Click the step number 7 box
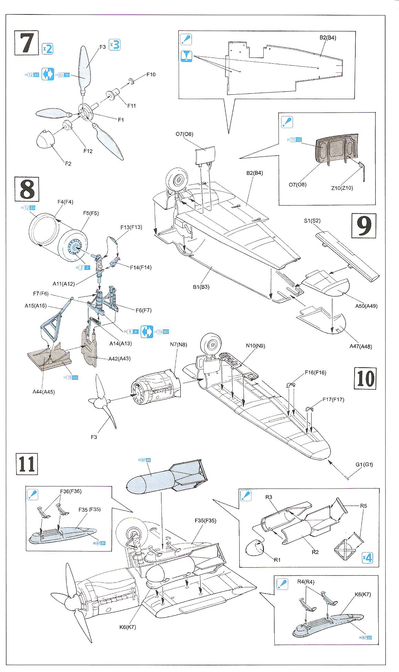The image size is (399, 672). coord(27,43)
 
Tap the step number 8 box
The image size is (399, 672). coord(27,189)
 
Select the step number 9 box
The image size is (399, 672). coord(364,225)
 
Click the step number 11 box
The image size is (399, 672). coord(27,463)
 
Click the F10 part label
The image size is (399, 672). coord(151,74)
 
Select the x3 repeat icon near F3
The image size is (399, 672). coord(115,45)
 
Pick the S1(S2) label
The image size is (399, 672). coord(312,221)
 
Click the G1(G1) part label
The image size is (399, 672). coord(364,464)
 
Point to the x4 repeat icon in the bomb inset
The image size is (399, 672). coord(367,558)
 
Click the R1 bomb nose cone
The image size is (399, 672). coord(254,548)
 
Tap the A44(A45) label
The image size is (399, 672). coord(44,391)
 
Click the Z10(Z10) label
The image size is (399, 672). coord(342,188)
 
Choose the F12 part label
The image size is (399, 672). coord(88,151)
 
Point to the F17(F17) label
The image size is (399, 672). coord(333,399)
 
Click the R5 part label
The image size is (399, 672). coord(363,506)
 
